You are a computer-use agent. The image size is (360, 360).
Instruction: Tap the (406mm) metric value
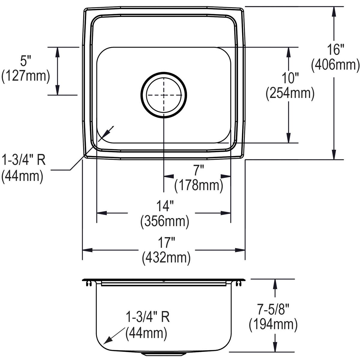click(335, 65)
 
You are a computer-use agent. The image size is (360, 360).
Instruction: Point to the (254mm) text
click(290, 94)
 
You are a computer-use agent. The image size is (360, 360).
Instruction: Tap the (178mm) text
click(199, 185)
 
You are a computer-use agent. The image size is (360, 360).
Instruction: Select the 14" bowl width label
click(165, 206)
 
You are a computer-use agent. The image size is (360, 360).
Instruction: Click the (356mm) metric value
click(165, 222)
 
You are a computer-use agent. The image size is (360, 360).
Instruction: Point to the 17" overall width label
click(166, 243)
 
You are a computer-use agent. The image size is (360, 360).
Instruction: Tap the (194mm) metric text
click(273, 325)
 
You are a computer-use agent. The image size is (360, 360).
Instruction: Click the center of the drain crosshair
click(164, 95)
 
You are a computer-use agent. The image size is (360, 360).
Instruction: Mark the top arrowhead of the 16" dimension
click(334, 11)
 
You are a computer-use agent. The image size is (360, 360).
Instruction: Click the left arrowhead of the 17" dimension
click(87, 250)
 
